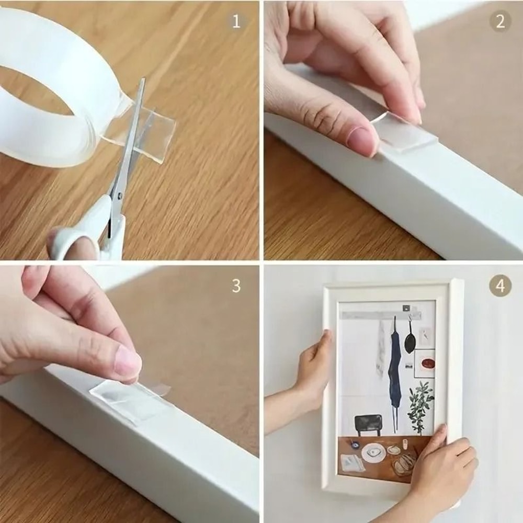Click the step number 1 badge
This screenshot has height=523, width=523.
coord(236,21)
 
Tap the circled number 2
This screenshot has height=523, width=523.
coord(500,21)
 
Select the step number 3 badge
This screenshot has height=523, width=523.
coord(236,286)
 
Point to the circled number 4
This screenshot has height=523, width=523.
coord(500,286)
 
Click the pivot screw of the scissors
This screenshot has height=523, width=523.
coord(120,196)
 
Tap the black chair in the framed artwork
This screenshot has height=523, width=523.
coord(368,424)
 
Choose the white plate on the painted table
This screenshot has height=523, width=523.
coord(373,452)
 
